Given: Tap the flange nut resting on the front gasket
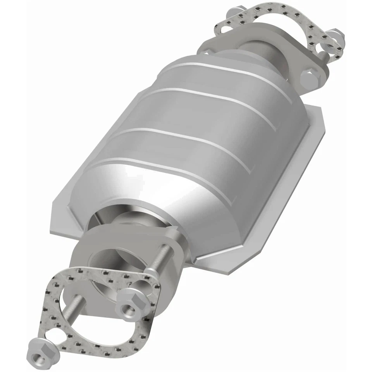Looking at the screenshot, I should pyautogui.click(x=129, y=301).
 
